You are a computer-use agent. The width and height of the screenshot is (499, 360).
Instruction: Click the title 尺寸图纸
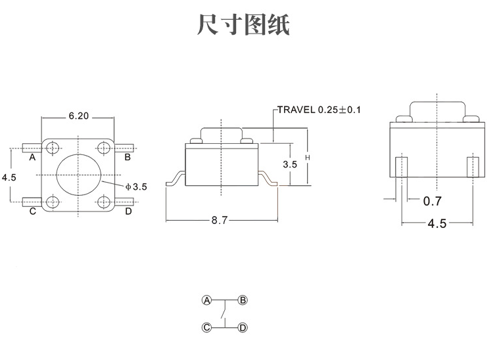tap(243, 25)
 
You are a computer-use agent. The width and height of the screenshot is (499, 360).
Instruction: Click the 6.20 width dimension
tap(78, 116)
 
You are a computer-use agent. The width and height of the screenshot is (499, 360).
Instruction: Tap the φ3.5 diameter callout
tap(137, 187)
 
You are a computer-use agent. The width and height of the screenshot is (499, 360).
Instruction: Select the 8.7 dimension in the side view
tap(219, 221)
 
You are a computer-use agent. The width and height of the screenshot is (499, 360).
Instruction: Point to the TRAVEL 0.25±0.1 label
tap(319, 109)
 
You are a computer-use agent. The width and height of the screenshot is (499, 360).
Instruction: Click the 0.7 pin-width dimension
tap(432, 201)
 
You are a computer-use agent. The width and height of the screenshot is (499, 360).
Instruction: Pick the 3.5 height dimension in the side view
tap(290, 164)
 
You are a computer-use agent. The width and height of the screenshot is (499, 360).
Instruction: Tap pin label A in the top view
tap(32, 157)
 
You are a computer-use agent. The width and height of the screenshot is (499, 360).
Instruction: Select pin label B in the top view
tap(128, 157)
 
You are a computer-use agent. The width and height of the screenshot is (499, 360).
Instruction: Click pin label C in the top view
tap(32, 212)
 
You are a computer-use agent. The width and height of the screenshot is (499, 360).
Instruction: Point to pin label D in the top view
tap(128, 212)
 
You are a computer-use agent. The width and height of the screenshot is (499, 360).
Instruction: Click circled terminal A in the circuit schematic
tap(206, 300)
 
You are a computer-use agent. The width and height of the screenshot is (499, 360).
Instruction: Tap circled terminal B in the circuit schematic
tap(243, 300)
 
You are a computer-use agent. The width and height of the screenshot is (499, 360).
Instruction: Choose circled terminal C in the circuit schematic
tap(206, 326)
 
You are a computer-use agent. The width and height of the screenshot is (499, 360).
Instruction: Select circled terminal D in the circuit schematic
tap(243, 326)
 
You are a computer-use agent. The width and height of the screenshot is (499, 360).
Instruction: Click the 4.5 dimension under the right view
tap(437, 223)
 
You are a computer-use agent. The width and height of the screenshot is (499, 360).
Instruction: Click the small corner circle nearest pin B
tap(104, 146)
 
